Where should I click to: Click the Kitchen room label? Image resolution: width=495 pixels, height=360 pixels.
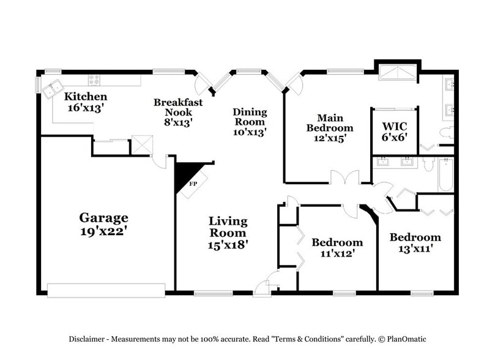(86, 97)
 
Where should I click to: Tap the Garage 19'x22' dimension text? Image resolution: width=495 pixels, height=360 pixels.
(103, 232)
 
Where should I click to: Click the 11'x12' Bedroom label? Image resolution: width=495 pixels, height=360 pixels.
(337, 242)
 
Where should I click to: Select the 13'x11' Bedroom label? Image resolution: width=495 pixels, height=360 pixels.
(415, 238)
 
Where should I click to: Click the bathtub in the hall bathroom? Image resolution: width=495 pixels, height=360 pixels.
(445, 175)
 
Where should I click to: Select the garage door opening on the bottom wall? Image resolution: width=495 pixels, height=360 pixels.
(107, 290)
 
